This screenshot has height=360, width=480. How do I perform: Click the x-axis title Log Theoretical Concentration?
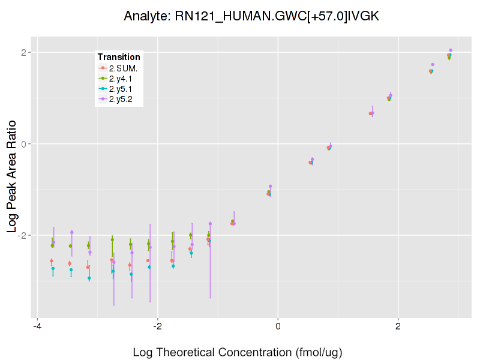tap(238, 352)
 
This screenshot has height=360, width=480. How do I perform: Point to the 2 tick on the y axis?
tap(25, 52)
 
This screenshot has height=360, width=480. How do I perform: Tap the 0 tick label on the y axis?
tap(25, 144)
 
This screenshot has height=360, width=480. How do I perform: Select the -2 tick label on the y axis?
tap(23, 235)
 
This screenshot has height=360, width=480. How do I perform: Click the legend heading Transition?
tap(119, 57)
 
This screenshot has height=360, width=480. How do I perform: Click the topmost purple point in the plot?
tap(451, 50)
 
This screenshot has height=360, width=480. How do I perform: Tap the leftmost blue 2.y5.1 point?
tap(53, 268)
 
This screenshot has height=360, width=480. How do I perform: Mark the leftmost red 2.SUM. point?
tap(52, 261)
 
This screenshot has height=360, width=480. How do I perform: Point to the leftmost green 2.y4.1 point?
tap(52, 245)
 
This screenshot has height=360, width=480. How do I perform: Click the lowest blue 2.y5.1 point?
tap(89, 278)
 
